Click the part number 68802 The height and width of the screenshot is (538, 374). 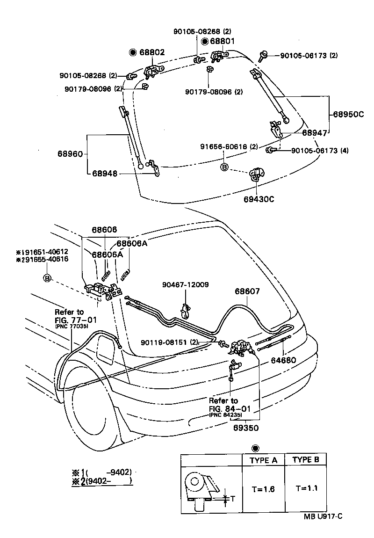152,52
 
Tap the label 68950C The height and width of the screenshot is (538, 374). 348,114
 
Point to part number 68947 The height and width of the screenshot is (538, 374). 314,133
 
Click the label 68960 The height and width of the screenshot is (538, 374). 70,153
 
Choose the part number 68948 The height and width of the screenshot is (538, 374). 104,174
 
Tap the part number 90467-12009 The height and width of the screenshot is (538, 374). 186,284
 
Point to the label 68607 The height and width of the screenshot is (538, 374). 247,291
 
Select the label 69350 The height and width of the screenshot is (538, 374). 245,427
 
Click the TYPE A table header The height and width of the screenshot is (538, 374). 263,460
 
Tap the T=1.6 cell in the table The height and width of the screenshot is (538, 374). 263,489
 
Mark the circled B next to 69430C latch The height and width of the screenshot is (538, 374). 224,167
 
